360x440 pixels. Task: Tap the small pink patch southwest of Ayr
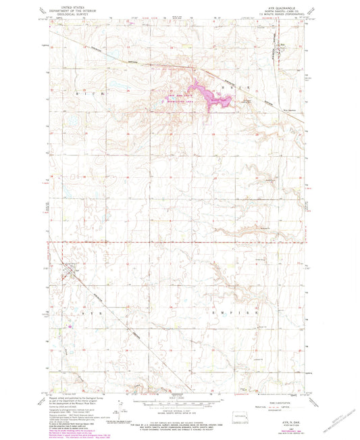[x=72, y=328]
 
